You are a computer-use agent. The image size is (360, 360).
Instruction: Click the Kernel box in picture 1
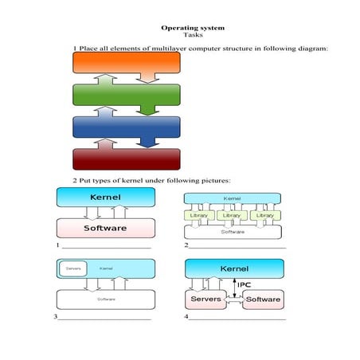click(x=105, y=197)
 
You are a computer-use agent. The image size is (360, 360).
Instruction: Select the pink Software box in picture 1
click(x=105, y=228)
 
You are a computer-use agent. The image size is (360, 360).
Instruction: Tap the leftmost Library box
click(x=200, y=215)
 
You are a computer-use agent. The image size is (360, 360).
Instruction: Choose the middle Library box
click(x=232, y=215)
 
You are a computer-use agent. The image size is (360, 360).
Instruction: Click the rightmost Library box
click(x=264, y=215)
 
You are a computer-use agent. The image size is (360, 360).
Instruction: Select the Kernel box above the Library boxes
click(x=233, y=198)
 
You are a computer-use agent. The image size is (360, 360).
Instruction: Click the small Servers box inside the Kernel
click(x=73, y=268)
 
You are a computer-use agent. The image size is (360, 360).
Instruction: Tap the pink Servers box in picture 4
click(x=207, y=299)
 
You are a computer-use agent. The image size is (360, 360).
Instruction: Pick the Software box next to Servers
click(x=263, y=299)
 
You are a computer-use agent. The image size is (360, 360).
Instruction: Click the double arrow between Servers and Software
click(x=235, y=300)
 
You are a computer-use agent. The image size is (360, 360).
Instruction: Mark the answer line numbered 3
click(x=104, y=319)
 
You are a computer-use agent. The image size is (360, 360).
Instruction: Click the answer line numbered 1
click(x=104, y=247)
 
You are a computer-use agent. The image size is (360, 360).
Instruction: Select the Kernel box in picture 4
click(x=233, y=269)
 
